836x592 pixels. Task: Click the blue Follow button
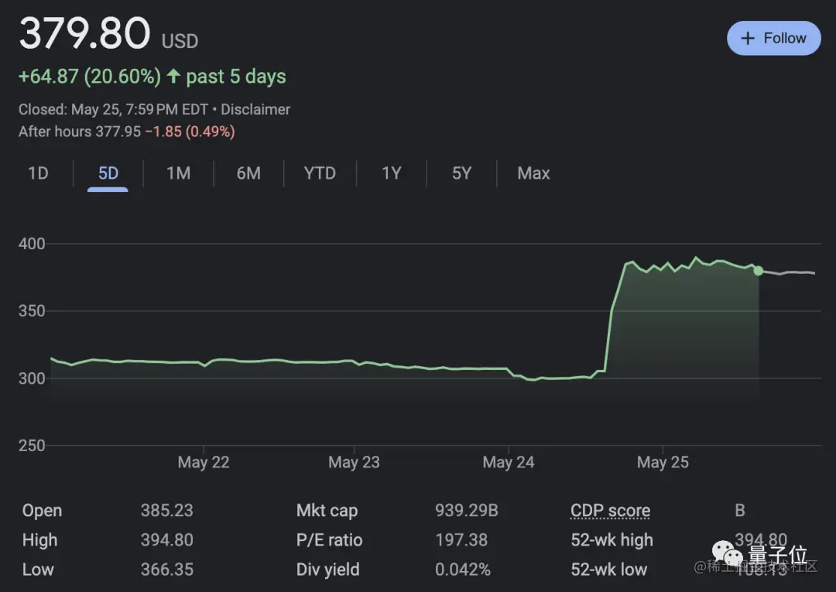click(773, 38)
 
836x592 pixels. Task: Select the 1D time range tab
click(38, 173)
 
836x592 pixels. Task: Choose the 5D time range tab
click(108, 173)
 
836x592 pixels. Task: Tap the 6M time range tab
click(248, 173)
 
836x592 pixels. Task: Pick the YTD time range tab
click(320, 173)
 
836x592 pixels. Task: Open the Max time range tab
click(533, 173)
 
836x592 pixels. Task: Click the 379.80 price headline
click(84, 34)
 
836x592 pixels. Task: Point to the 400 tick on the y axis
click(32, 244)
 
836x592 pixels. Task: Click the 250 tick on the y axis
click(32, 446)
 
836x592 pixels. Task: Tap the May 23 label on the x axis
click(354, 463)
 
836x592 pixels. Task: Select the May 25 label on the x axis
click(663, 463)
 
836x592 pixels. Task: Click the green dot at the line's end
click(759, 270)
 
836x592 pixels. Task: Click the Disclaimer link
click(255, 110)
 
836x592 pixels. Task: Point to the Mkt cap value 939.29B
click(467, 511)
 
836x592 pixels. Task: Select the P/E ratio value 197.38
click(461, 540)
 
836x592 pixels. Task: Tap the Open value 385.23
click(166, 511)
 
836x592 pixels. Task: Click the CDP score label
click(610, 511)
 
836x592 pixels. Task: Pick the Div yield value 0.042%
click(463, 570)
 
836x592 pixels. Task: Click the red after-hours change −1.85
click(163, 132)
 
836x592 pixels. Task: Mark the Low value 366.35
click(166, 570)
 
